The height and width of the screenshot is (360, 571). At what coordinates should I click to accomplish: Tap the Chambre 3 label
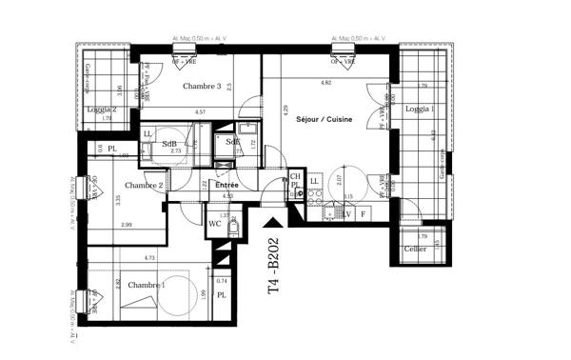(202, 87)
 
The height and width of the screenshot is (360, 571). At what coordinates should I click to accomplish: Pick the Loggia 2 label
(101, 110)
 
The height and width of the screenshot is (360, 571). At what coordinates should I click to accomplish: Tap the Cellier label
(415, 249)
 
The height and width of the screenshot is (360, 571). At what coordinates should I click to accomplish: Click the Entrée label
(226, 185)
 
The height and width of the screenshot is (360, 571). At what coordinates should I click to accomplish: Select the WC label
(215, 224)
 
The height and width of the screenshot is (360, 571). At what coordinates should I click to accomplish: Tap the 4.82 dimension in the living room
(326, 84)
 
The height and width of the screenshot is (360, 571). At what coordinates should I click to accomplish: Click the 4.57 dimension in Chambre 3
(201, 113)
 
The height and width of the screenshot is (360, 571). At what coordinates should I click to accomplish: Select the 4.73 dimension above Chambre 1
(123, 257)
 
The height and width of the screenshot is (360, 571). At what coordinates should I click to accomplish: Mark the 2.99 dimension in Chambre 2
(126, 225)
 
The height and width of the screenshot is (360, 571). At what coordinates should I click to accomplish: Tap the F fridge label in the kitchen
(363, 215)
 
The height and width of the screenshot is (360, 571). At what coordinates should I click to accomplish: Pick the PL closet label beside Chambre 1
(221, 296)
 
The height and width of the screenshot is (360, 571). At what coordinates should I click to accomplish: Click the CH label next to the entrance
(296, 176)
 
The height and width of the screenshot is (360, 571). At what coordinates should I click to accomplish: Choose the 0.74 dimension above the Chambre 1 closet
(222, 281)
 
